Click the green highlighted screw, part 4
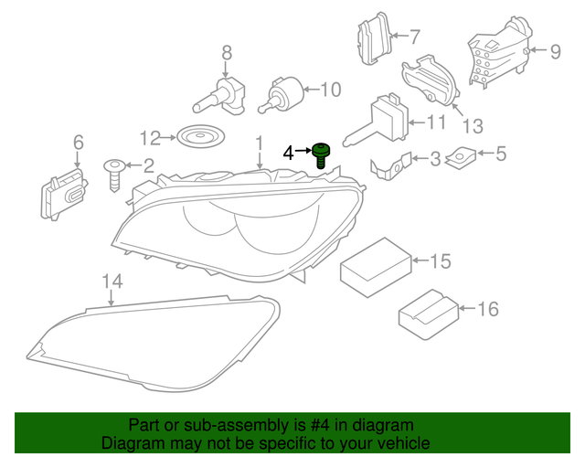[321, 155]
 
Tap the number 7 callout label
[414, 37]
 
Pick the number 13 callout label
[473, 125]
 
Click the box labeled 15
[376, 263]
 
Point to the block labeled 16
[428, 310]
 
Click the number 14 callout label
[112, 281]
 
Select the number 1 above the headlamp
[259, 144]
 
